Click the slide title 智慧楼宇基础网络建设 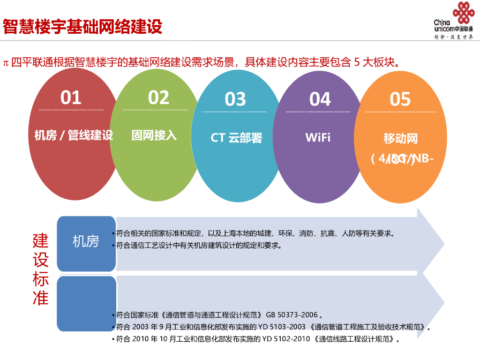(82, 26)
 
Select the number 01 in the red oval (71, 97)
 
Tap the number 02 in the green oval (158, 97)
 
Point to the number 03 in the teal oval (235, 99)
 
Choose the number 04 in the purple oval (320, 99)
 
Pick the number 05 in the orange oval (400, 99)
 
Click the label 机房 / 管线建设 (74, 136)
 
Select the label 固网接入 (154, 135)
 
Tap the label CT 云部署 (236, 138)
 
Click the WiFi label (318, 137)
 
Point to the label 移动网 (400, 139)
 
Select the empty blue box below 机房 (86, 303)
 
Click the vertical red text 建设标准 (41, 269)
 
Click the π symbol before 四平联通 (6, 63)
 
